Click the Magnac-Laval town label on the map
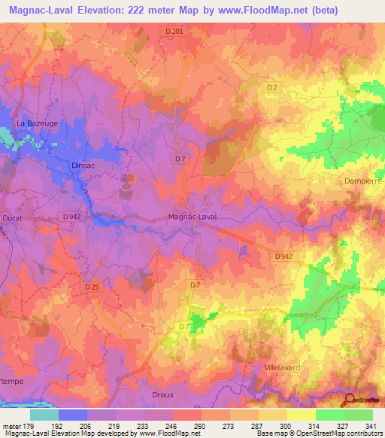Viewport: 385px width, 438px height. coord(192,217)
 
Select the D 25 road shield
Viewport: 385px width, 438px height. coord(92,287)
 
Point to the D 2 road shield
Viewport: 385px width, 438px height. coord(272,88)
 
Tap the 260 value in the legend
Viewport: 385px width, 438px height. coord(200,425)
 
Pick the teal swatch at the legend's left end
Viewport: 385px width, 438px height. coord(44,414)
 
